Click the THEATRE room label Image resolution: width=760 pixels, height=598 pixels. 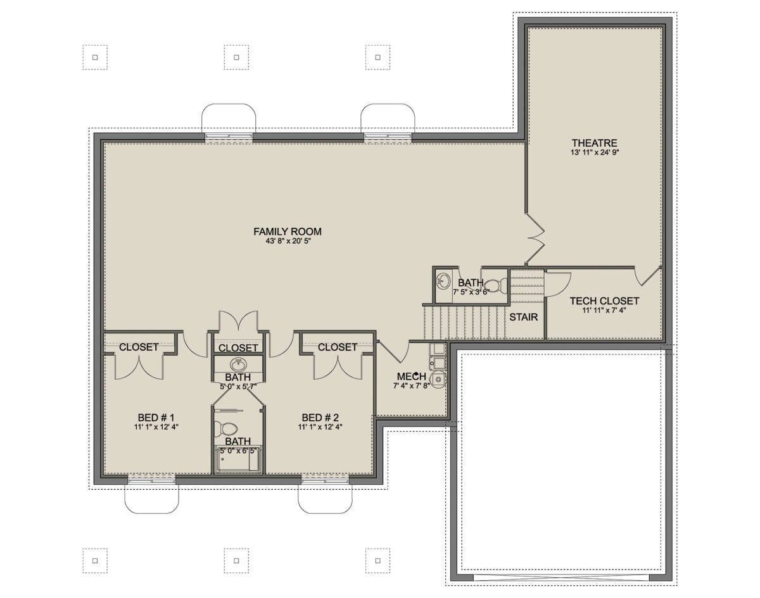[x=595, y=143]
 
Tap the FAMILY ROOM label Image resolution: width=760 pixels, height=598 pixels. [x=288, y=232]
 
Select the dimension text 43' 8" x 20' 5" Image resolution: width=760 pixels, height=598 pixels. [x=288, y=242]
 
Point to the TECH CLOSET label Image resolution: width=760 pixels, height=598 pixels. [x=604, y=301]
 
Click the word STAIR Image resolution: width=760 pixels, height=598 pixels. [x=523, y=317]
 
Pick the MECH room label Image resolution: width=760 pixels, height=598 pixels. [x=412, y=377]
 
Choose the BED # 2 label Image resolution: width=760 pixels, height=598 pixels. [x=320, y=418]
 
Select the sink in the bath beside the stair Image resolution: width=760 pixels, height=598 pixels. [x=443, y=282]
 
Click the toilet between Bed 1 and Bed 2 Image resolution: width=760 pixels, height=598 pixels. [x=229, y=429]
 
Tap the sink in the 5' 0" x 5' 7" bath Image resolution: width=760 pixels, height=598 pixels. [x=238, y=364]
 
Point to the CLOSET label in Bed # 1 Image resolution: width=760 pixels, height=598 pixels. [x=139, y=347]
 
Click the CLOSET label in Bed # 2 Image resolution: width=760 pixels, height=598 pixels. [x=338, y=347]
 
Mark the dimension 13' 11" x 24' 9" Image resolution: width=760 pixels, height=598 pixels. [x=595, y=153]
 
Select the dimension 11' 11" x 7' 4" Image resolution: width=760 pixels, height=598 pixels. [x=604, y=311]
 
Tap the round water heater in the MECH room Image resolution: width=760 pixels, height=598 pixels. [x=438, y=380]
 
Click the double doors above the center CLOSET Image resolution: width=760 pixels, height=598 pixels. [x=238, y=321]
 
